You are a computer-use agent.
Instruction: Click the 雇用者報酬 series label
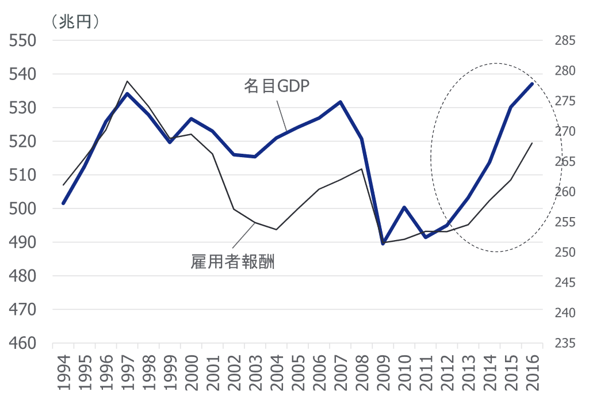232,263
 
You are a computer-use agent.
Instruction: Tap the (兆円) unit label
75,22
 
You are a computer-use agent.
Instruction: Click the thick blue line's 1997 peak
127,93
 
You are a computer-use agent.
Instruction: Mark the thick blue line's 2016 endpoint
532,83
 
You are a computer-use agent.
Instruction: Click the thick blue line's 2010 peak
404,207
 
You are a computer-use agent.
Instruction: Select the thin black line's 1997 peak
127,81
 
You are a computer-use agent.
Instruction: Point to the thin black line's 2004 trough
276,230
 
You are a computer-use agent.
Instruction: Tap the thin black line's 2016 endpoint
532,143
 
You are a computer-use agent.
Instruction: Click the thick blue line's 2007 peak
341,102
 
